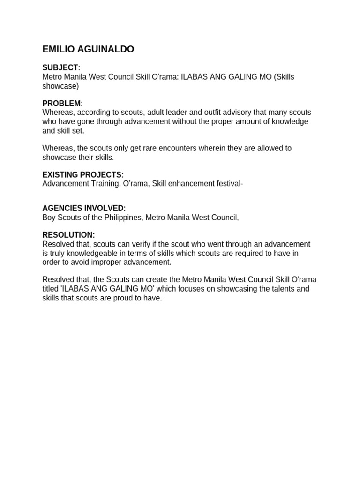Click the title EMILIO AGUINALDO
[88, 49]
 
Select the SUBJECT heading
[60, 68]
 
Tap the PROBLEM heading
[61, 103]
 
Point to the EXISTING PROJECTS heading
[83, 174]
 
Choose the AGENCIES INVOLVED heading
[84, 208]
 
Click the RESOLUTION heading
[68, 235]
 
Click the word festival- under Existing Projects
[228, 183]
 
